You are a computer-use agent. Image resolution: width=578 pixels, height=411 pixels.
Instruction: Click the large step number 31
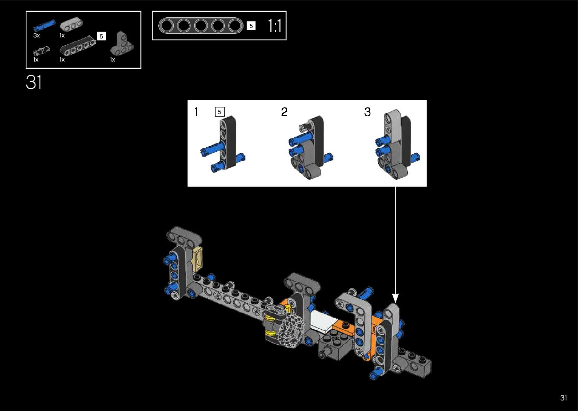click(34, 82)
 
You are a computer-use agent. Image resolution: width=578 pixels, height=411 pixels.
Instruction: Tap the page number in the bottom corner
click(564, 397)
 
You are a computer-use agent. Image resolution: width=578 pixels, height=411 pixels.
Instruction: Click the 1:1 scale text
click(274, 26)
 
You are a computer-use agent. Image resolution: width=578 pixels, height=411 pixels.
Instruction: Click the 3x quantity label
click(37, 35)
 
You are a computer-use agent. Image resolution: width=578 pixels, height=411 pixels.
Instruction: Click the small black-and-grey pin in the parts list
click(42, 51)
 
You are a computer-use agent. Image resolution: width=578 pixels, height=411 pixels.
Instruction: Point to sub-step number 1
click(196, 112)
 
